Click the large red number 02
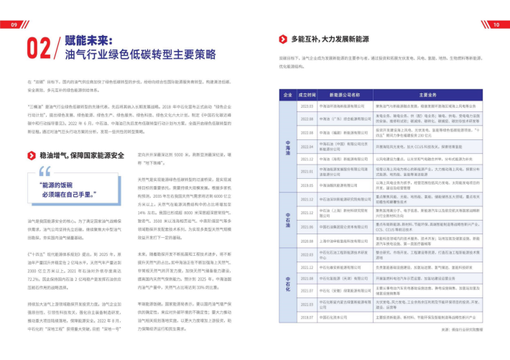37,47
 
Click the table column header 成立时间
307,94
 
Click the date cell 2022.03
307,106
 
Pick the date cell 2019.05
307,185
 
